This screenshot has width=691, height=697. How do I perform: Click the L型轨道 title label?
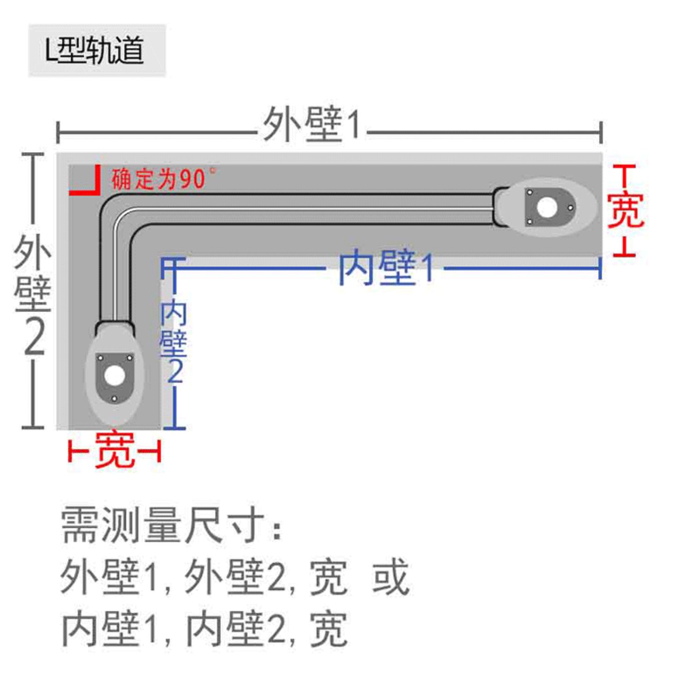95,50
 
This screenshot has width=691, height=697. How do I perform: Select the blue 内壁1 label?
386,267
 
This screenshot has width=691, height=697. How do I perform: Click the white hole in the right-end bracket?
547,207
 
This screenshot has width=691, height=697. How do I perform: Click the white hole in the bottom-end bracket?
114,376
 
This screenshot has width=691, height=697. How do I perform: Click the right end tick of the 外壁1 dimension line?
601,133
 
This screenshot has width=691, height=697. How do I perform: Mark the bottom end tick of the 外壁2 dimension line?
33,427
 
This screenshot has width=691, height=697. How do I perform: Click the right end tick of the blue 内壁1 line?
600,268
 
